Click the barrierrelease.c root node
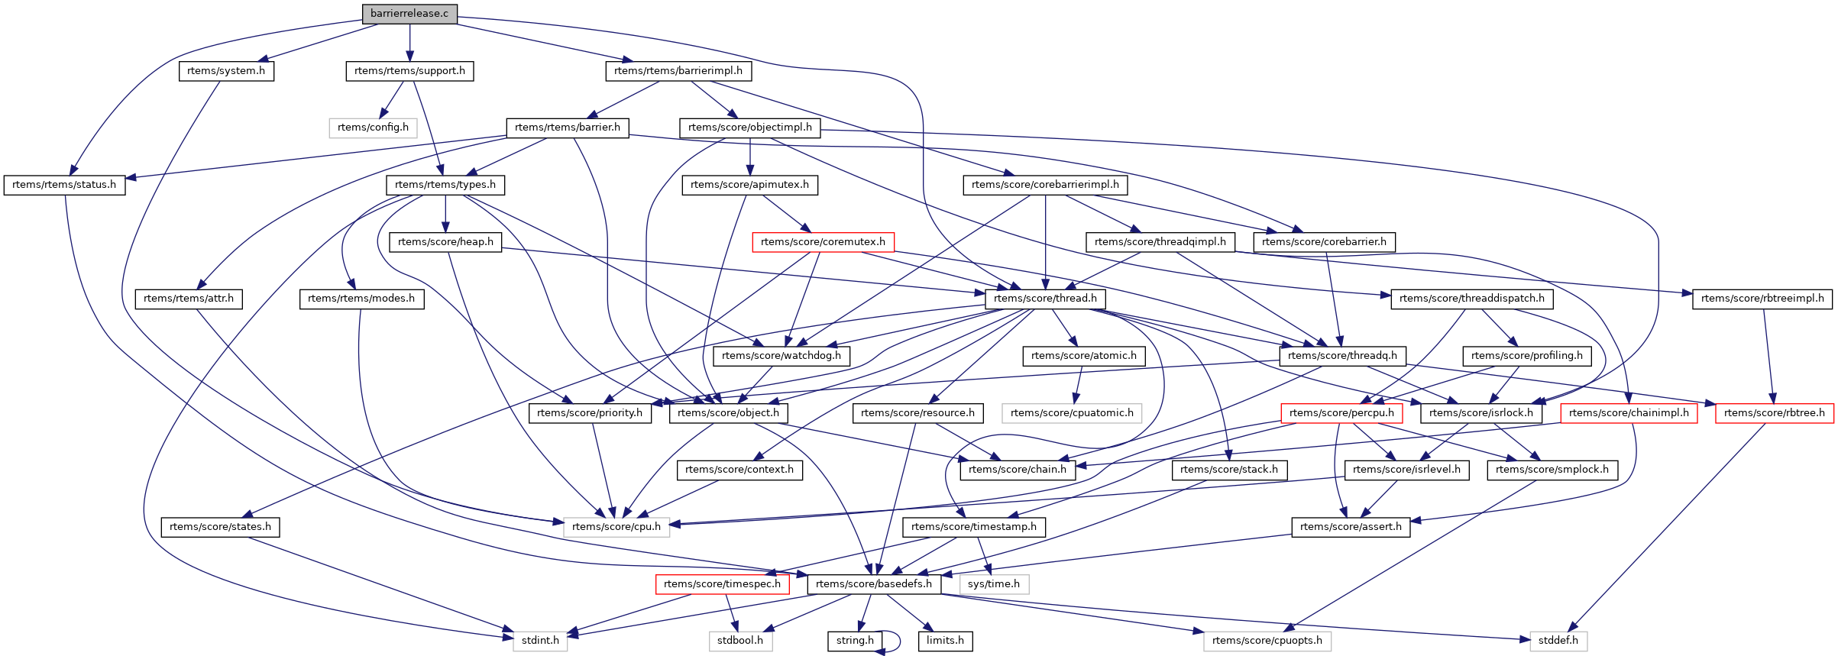click(x=409, y=14)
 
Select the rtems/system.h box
click(x=226, y=71)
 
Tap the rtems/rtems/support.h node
click(x=409, y=71)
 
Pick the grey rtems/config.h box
click(x=373, y=128)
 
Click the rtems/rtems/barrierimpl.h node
click(x=678, y=71)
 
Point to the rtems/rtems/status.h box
click(x=64, y=185)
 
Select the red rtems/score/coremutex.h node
click(x=823, y=242)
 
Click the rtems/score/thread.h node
click(x=1045, y=299)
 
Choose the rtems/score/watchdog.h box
click(x=781, y=356)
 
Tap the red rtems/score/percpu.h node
click(x=1341, y=413)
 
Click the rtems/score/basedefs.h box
click(x=874, y=584)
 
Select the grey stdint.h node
click(x=540, y=641)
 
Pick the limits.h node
click(x=945, y=641)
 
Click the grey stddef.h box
click(x=1558, y=641)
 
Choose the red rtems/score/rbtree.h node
click(x=1774, y=413)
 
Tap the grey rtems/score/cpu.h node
click(x=616, y=527)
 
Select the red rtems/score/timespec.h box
click(x=722, y=584)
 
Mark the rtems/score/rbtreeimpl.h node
click(x=1762, y=299)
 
